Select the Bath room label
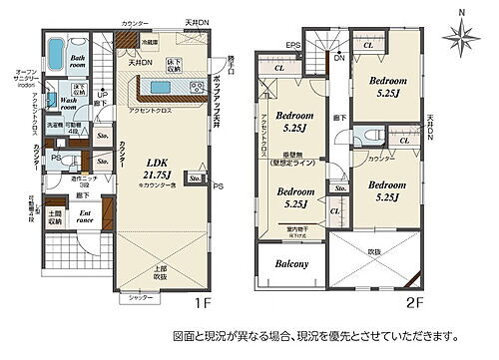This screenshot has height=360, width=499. coord(75,63)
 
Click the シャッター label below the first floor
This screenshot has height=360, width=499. coord(139,297)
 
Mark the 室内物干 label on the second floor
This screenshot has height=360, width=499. coord(295,231)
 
